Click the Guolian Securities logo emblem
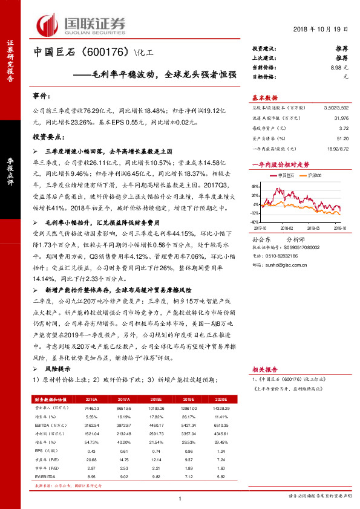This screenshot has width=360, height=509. point(48,24)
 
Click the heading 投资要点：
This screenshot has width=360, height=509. point(47,137)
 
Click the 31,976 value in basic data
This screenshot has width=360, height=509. point(341,117)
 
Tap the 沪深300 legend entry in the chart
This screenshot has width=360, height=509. point(313,175)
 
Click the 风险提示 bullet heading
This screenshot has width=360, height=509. point(55,369)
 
